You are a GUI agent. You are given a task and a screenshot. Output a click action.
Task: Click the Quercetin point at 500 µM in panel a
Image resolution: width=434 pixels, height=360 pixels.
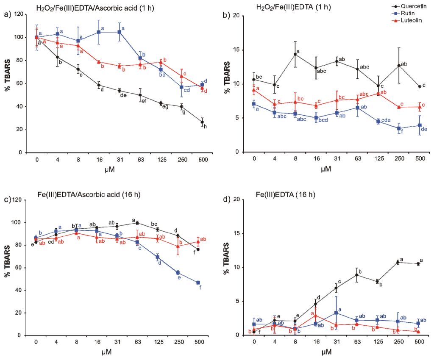[202, 122]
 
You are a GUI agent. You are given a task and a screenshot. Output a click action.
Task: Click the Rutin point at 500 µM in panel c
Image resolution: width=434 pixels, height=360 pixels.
[198, 282]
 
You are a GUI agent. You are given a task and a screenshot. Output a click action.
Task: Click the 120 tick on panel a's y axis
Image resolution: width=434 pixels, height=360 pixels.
[18, 15]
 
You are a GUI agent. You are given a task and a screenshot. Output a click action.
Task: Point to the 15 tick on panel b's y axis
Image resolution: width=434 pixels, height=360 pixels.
[239, 50]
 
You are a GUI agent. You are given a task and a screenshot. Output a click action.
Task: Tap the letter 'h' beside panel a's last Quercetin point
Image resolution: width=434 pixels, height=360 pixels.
[206, 127]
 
